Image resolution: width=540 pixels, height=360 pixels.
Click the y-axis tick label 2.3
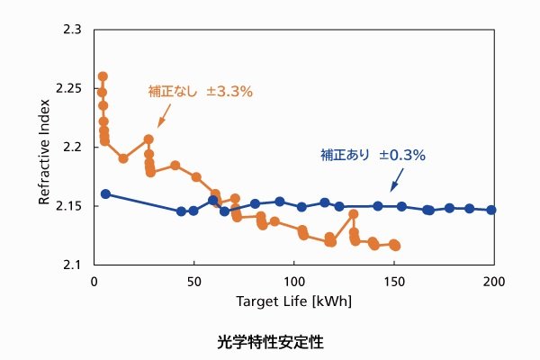point(71,30)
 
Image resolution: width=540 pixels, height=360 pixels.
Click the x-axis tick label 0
point(94,281)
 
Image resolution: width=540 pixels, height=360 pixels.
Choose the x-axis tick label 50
point(194,281)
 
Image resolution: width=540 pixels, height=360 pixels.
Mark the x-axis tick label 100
point(294,281)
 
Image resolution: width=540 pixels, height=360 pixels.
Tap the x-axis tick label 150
point(394,281)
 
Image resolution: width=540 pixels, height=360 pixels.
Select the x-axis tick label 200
point(494,281)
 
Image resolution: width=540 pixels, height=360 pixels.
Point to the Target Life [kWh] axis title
point(293,301)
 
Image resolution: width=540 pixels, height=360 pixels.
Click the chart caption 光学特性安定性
point(269,343)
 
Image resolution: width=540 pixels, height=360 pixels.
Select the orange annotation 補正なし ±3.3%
point(200,91)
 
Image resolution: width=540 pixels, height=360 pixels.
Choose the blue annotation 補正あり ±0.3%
point(373,155)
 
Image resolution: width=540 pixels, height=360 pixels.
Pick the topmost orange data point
point(103,76)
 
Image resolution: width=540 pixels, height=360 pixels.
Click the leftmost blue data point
point(105,193)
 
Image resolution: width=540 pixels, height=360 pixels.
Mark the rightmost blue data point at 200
point(491,210)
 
